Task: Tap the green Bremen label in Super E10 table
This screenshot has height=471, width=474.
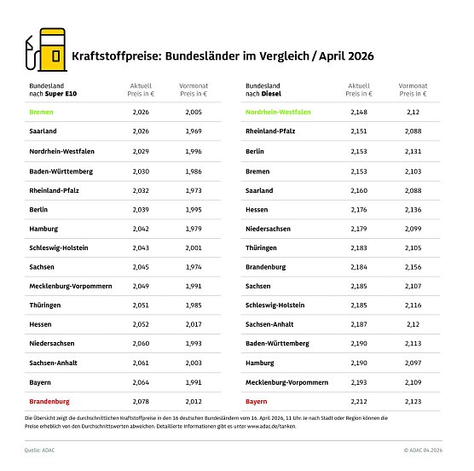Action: click(x=41, y=112)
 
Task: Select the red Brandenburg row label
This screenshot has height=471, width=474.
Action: click(x=50, y=400)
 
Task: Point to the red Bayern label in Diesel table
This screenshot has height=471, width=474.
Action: click(x=257, y=400)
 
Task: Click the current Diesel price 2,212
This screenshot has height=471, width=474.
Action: click(x=359, y=400)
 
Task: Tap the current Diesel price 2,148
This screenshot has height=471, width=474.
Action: click(x=359, y=112)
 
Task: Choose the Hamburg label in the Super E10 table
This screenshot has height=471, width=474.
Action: click(x=44, y=228)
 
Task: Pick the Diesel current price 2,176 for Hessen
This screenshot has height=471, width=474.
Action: click(x=359, y=208)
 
